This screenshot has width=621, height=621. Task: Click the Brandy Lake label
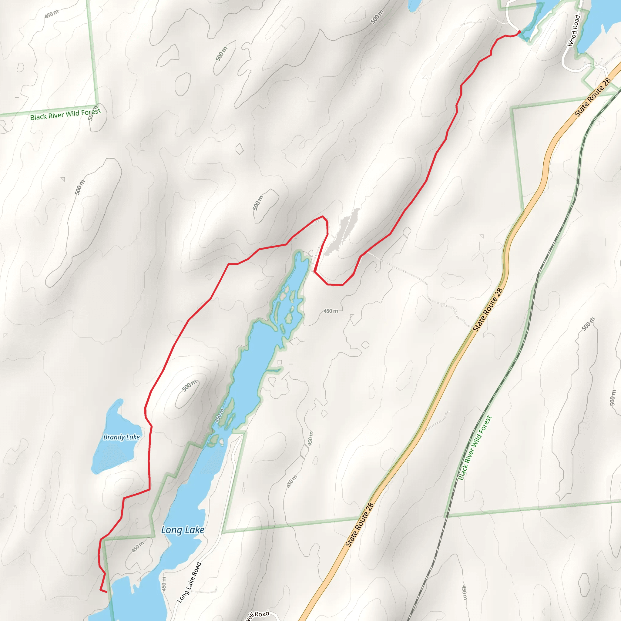[122, 437]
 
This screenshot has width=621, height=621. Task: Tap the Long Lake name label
[183, 530]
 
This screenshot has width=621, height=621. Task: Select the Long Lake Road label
[189, 582]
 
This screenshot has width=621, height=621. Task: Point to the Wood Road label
[574, 31]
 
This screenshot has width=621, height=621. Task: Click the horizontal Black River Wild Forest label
[65, 114]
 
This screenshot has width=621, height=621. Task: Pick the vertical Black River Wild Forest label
[475, 448]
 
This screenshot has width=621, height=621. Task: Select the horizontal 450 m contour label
[331, 311]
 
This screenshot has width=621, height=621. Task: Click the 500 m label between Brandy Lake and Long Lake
[189, 386]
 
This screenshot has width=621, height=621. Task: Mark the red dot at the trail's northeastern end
[519, 32]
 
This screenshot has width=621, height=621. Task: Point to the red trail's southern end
[106, 592]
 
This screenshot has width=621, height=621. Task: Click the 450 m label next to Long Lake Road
[164, 582]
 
